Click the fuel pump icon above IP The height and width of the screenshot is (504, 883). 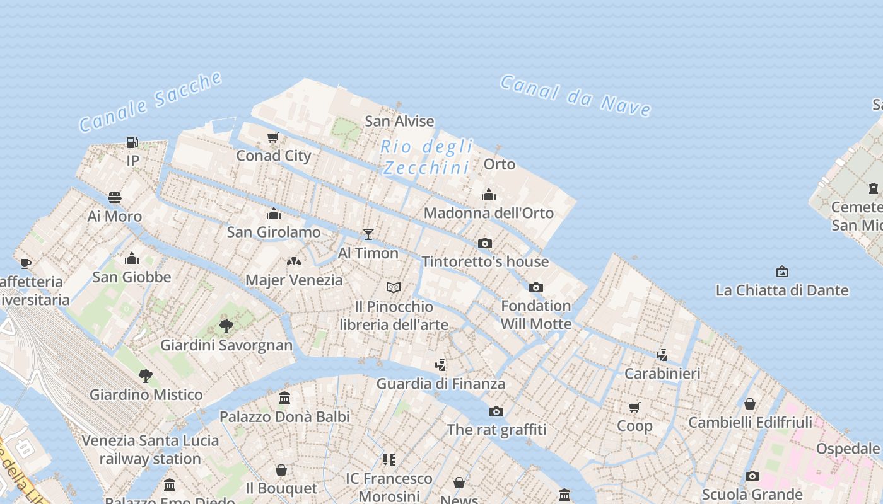click(x=132, y=142)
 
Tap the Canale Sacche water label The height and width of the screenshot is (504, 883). click(x=151, y=102)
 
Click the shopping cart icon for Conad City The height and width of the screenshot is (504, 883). click(x=273, y=138)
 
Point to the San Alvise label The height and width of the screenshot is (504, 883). click(x=400, y=121)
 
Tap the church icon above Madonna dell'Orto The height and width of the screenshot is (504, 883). click(x=489, y=195)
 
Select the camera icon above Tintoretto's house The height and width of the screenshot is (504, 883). click(x=484, y=243)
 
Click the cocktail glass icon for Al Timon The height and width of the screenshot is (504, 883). click(x=368, y=234)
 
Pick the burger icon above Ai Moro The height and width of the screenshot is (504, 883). click(x=115, y=198)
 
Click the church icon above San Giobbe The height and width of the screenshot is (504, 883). click(x=132, y=258)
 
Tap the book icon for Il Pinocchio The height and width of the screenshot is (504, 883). click(x=394, y=288)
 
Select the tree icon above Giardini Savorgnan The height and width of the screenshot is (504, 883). click(x=226, y=326)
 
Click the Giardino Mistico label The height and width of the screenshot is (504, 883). click(x=146, y=395)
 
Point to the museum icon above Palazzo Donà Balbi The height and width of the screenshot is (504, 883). click(x=284, y=398)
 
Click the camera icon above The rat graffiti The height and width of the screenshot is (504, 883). click(x=496, y=411)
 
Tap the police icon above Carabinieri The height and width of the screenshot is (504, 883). click(x=662, y=355)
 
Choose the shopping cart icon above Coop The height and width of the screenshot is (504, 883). click(x=634, y=408)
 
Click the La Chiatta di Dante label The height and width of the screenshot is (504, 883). click(x=782, y=290)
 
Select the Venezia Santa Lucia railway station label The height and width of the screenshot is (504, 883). click(x=150, y=449)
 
